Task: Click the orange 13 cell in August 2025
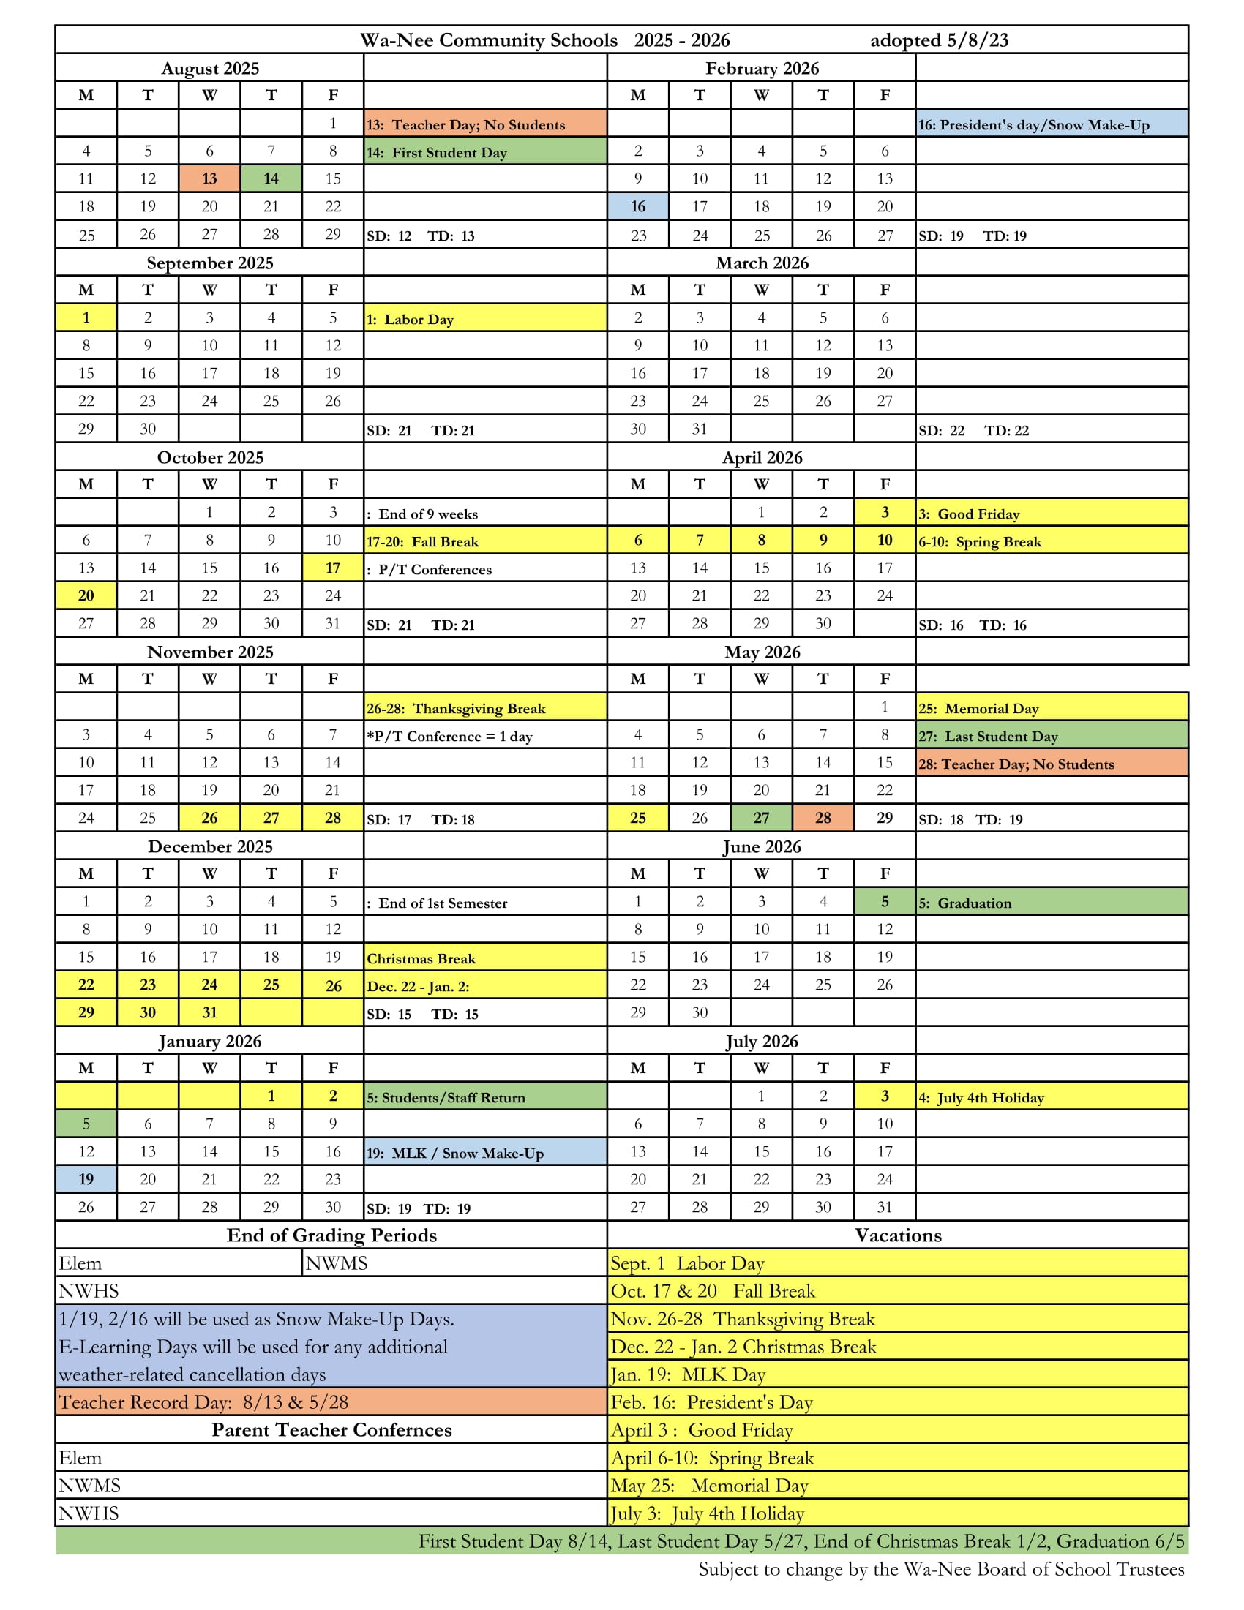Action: coord(209,178)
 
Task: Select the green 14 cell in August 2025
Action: coord(271,178)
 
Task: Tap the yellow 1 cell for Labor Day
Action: coord(86,317)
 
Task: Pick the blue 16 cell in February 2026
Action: coord(638,206)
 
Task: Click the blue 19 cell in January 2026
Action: coord(86,1178)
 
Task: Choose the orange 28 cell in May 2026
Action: coord(823,818)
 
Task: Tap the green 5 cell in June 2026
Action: coord(885,902)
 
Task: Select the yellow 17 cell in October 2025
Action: coord(332,568)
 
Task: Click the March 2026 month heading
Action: coord(762,263)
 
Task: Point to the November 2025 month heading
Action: coord(210,652)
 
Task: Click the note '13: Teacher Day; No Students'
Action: coord(466,124)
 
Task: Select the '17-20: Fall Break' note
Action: coord(423,542)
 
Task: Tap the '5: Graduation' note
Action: coord(965,903)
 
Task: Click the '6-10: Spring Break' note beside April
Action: coord(980,542)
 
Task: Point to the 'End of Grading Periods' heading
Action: coord(331,1235)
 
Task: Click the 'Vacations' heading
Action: coord(898,1235)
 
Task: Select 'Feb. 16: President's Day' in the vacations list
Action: coord(711,1402)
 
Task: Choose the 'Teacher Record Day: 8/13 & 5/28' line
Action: coord(203,1402)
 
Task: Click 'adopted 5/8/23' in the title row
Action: coord(940,40)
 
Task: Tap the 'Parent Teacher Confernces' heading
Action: coord(331,1430)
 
